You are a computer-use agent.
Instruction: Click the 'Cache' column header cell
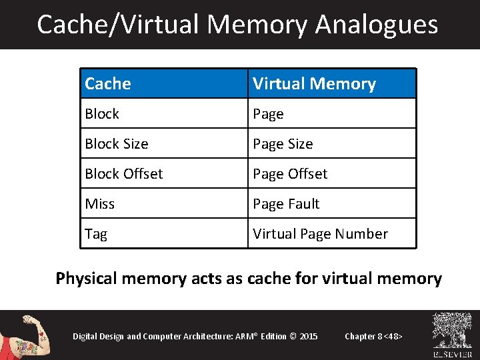pyautogui.click(x=164, y=84)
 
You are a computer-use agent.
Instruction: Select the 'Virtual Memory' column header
pyautogui.click(x=332, y=84)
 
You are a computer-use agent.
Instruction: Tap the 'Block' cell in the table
pyautogui.click(x=164, y=114)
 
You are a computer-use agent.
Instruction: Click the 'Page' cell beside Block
pyautogui.click(x=332, y=114)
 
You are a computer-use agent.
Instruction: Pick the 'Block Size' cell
pyautogui.click(x=164, y=144)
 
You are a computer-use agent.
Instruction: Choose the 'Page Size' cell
pyautogui.click(x=332, y=144)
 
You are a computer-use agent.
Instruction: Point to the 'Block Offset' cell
pyautogui.click(x=164, y=174)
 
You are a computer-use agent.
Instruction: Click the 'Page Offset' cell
pyautogui.click(x=332, y=174)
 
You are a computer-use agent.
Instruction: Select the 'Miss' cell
pyautogui.click(x=164, y=204)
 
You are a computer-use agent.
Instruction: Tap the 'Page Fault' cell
pyautogui.click(x=332, y=204)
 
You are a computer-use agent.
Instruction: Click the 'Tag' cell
pyautogui.click(x=164, y=234)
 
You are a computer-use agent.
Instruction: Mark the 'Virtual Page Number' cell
pyautogui.click(x=332, y=234)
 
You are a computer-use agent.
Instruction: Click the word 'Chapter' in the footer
pyautogui.click(x=360, y=336)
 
